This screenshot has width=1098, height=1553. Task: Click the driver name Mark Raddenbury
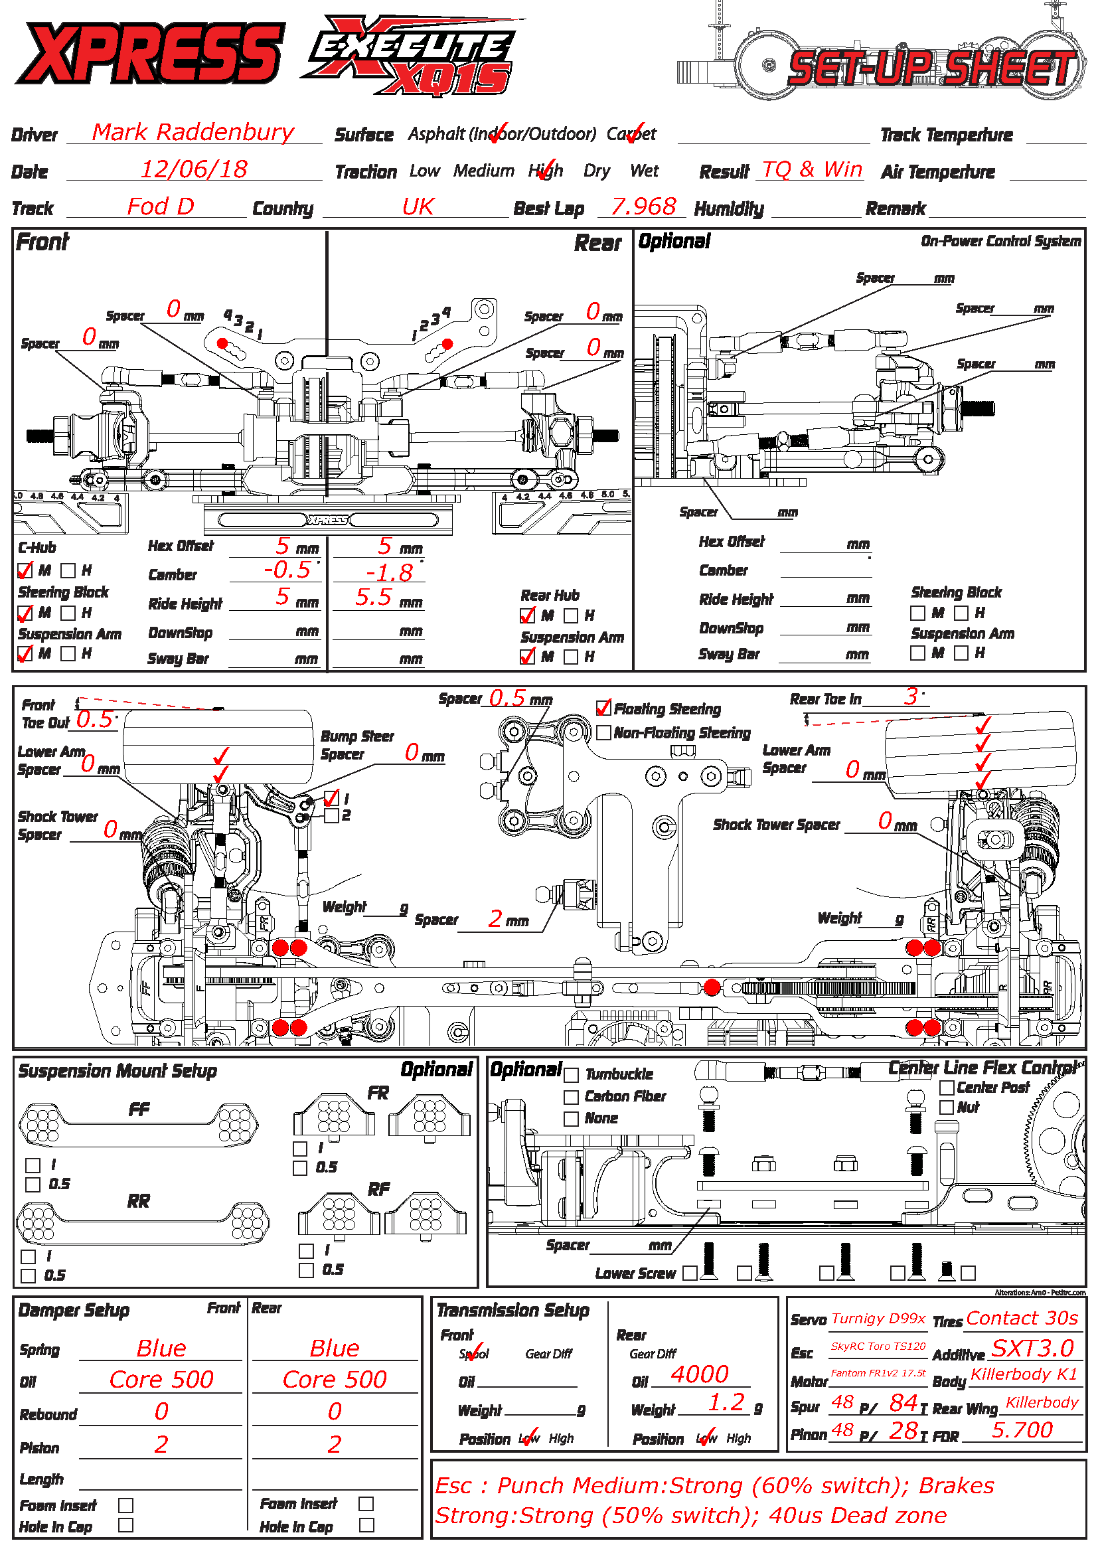pos(193,132)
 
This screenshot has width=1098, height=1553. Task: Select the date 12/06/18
pos(194,169)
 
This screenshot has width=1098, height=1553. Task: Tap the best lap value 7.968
pos(643,206)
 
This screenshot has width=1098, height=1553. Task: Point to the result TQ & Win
pos(812,169)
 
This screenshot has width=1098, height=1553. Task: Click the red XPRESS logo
pos(149,52)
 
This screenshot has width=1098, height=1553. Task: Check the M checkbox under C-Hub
pos(25,571)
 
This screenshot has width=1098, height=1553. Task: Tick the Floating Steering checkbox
pos(603,708)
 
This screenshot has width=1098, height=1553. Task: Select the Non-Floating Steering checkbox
pos(603,732)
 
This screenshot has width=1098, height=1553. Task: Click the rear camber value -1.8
pos(389,573)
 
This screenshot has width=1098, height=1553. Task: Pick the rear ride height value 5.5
pos(373,598)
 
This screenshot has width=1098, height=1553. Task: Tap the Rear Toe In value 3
pos(911,696)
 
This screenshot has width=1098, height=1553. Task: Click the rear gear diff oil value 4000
pos(699,1374)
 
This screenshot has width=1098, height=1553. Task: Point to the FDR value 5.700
pos(1022,1430)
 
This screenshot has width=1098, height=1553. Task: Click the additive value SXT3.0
pos(1032,1348)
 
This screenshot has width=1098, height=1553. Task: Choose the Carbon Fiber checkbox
pos(572,1096)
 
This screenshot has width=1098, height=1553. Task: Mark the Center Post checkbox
pos(947,1088)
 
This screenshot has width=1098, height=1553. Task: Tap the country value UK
pos(417,206)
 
